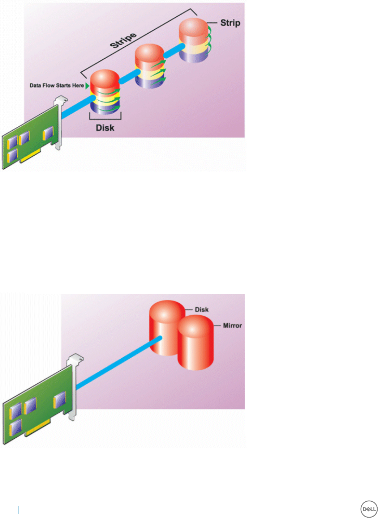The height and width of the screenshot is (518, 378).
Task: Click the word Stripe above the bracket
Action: point(123,40)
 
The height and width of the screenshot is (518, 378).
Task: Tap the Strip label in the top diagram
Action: point(230,23)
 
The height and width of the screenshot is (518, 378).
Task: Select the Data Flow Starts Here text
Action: point(57,85)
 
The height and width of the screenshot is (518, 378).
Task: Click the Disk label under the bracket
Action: point(105,128)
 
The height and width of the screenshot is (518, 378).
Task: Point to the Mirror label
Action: point(232,325)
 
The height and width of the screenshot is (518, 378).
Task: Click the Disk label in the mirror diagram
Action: point(202,309)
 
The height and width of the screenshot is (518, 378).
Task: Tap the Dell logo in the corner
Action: point(369,509)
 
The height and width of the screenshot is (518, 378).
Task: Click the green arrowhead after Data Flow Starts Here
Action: point(87,85)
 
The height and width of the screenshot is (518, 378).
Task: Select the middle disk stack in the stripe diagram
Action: point(150,66)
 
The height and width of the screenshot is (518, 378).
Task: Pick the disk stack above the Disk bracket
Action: point(105,92)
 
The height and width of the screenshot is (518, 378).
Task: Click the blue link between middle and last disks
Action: point(173,51)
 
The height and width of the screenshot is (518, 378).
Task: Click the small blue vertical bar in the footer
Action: point(18,510)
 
